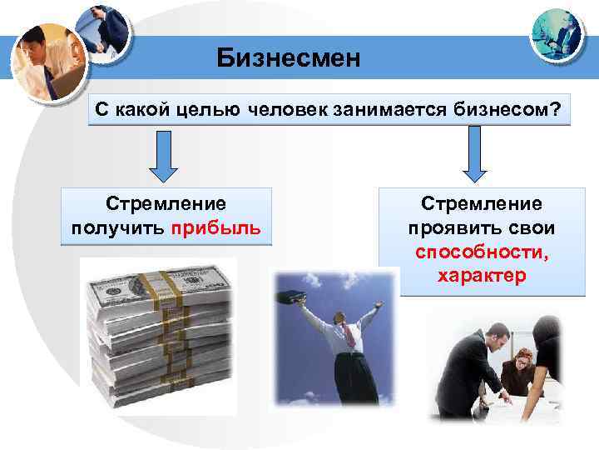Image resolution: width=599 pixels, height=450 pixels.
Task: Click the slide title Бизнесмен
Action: pos(289,58)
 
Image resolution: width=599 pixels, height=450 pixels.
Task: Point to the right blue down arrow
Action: pos(474,156)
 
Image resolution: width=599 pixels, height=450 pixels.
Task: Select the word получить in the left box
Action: pos(118,228)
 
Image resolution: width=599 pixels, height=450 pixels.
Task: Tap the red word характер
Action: pos(482,276)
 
